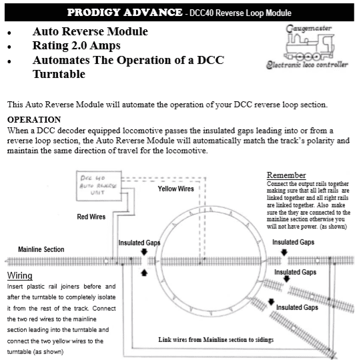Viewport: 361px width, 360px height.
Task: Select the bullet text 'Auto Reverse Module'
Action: (x=91, y=31)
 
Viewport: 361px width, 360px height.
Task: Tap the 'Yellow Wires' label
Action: (x=175, y=189)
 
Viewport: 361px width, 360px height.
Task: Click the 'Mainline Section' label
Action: (x=36, y=249)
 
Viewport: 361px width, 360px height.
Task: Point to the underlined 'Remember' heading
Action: (x=286, y=175)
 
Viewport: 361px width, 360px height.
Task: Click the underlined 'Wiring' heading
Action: (x=20, y=275)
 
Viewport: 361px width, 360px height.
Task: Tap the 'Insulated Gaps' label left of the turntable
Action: (x=140, y=243)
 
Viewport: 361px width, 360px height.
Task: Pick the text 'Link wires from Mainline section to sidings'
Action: (x=215, y=339)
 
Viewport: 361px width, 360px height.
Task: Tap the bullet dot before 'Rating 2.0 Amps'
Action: (x=9, y=47)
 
